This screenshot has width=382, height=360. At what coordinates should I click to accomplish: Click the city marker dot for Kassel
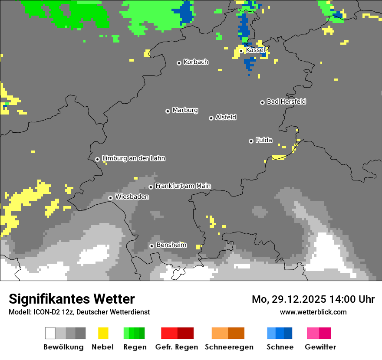click(x=241, y=51)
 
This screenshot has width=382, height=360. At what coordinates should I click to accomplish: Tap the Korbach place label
click(x=196, y=62)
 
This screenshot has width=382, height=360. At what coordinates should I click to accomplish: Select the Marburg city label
click(x=185, y=110)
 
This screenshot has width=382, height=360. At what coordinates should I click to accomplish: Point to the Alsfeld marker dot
click(x=211, y=118)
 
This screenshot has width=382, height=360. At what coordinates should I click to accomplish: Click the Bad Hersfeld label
click(x=286, y=101)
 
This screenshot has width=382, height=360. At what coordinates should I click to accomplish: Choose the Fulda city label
click(x=264, y=140)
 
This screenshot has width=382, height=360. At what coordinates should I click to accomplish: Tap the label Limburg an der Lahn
click(x=133, y=158)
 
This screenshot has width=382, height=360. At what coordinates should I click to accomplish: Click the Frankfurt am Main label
click(x=183, y=186)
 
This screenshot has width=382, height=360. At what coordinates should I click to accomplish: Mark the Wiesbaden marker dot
click(x=111, y=198)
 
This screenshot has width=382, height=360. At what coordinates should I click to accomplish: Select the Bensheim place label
click(x=171, y=245)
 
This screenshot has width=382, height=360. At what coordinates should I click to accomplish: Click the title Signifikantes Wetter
click(x=72, y=299)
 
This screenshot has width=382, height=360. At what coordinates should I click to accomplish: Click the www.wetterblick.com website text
click(x=313, y=312)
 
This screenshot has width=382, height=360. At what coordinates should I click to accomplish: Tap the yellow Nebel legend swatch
click(x=103, y=333)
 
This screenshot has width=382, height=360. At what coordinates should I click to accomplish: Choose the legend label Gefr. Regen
click(x=177, y=347)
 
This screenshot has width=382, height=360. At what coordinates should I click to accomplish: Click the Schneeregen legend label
click(x=229, y=347)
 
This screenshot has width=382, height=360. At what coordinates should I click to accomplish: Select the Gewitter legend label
click(x=320, y=347)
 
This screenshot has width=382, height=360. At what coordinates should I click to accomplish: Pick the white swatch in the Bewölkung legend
click(x=50, y=333)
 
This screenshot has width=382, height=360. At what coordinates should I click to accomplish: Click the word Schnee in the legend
click(x=280, y=347)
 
